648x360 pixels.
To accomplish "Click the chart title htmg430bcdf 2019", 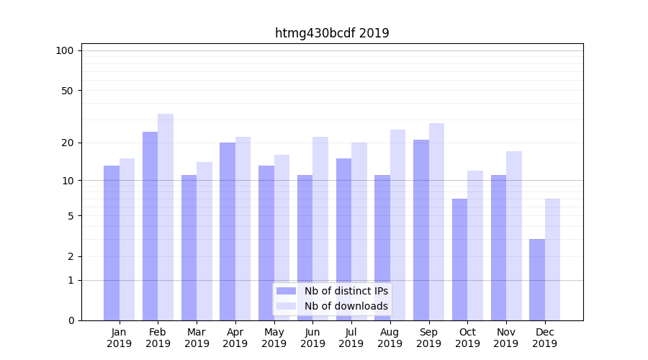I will point(332,33).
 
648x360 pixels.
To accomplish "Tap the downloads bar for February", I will point(166,217).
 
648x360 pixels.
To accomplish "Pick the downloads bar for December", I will point(552,259).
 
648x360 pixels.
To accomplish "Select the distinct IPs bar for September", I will point(421,230).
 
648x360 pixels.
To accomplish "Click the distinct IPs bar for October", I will point(459,259).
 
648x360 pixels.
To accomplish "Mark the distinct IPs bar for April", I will point(228,231).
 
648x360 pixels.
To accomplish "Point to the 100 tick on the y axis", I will point(65,50).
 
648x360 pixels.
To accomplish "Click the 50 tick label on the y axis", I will point(67,91).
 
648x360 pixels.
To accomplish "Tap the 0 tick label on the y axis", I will point(71,320).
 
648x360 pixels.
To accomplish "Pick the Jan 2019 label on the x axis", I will point(120,338).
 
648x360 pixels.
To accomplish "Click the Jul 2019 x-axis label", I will point(351,338).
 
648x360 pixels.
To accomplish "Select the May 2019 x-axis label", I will point(274,338).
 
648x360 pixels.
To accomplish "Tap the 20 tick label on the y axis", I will point(67,143).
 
